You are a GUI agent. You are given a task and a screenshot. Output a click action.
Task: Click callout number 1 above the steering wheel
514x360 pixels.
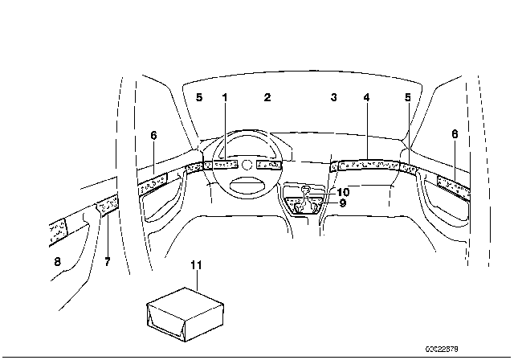(x=225, y=97)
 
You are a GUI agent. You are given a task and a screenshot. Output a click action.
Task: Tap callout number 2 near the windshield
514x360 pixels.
(x=267, y=97)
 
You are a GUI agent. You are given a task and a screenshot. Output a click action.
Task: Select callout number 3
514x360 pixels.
(x=333, y=97)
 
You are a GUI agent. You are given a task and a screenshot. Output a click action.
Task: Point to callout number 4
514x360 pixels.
(x=366, y=97)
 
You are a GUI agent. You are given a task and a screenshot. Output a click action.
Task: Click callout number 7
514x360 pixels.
(x=107, y=262)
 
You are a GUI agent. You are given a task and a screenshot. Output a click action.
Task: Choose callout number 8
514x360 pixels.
(x=57, y=262)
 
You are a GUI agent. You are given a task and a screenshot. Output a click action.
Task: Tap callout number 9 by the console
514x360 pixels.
(x=341, y=203)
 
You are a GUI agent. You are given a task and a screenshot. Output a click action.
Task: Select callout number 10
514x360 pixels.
(x=343, y=192)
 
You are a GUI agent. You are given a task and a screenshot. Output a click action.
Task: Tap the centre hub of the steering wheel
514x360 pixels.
(x=247, y=165)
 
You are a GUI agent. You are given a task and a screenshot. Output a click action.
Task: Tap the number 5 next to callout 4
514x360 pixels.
(x=408, y=97)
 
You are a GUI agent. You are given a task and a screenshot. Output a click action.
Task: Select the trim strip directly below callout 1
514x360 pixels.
(x=225, y=165)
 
